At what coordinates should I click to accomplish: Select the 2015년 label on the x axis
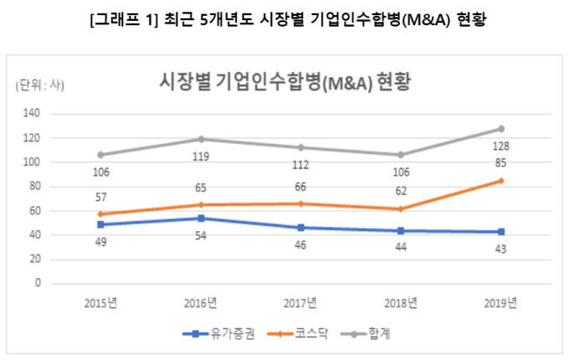tap(101, 302)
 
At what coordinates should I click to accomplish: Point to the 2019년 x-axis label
tap(501, 302)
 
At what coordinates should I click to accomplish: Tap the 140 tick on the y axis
tap(33, 113)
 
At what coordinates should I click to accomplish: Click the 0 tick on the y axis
tap(38, 283)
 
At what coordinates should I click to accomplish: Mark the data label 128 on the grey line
tap(501, 145)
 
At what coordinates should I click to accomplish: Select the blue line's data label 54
tap(201, 235)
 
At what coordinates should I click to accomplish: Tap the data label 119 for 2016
tap(201, 157)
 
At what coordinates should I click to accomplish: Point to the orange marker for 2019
tap(501, 180)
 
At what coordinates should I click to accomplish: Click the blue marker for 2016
tap(201, 218)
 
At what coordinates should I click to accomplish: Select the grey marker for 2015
tap(101, 155)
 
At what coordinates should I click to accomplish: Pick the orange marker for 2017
tap(301, 203)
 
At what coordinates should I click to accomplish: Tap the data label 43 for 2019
tap(500, 249)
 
